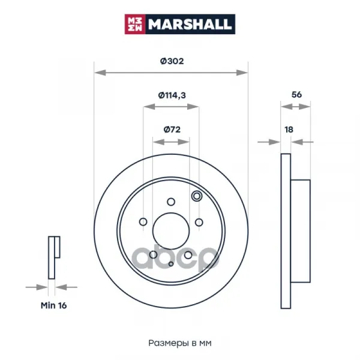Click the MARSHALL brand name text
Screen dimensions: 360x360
(x=190, y=25)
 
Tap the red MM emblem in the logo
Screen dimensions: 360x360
(x=135, y=25)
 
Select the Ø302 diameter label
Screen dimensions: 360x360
(x=172, y=61)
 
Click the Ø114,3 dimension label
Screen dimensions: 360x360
(x=172, y=95)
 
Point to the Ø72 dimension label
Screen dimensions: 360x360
(x=172, y=130)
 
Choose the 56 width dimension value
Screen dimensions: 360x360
(x=296, y=95)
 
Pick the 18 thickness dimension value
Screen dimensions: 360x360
(x=289, y=130)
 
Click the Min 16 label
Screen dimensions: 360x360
(x=54, y=305)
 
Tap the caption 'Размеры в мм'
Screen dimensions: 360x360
(x=180, y=343)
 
